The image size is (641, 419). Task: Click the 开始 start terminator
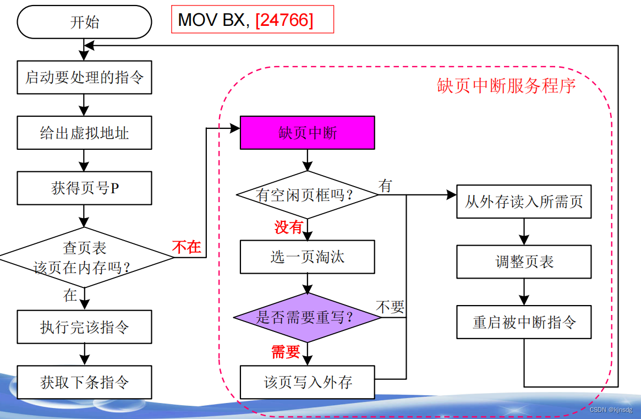click(84, 23)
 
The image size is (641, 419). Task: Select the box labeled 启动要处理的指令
click(84, 77)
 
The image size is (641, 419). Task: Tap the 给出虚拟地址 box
click(84, 133)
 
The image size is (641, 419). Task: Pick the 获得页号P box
click(84, 188)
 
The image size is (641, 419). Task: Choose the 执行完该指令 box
click(84, 327)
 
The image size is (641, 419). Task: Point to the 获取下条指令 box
click(84, 382)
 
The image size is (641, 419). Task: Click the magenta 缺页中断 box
click(307, 133)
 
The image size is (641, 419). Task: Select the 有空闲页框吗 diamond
click(307, 194)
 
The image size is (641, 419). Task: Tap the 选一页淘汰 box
click(307, 257)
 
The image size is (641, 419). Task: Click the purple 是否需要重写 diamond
click(307, 318)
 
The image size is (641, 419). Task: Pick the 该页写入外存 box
click(307, 382)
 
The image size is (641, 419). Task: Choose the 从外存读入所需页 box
click(524, 202)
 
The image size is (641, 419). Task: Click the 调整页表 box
click(524, 262)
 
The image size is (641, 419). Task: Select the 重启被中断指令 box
click(524, 322)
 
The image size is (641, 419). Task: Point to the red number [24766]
click(284, 20)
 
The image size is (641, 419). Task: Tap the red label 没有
click(289, 227)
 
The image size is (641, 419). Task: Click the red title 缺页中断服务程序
click(506, 86)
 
